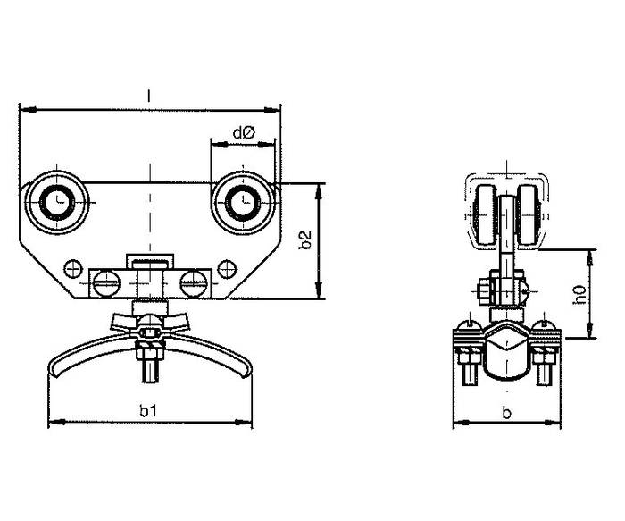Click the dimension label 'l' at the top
pos(149,96)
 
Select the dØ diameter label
pos(243,132)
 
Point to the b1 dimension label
pos(148,410)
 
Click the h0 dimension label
pos(579,295)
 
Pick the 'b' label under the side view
pos(506,413)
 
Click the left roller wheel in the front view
pos(57,203)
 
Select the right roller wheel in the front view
pos(243,203)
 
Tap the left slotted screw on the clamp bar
pos(106,283)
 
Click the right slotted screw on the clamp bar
pos(194,283)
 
